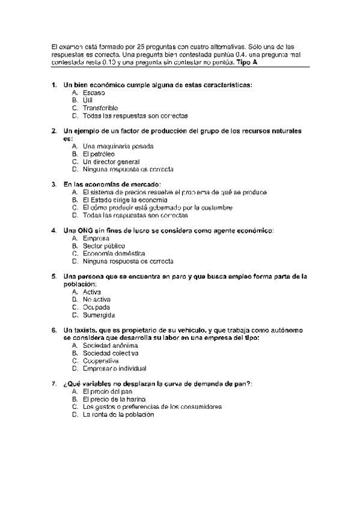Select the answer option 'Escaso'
click(94, 93)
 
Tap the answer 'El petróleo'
click(99, 154)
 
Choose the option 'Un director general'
click(111, 162)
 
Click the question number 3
click(54, 184)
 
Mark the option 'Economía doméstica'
click(114, 254)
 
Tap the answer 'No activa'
click(97, 300)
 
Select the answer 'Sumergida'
click(99, 315)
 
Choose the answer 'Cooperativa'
click(101, 361)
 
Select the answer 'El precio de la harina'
click(117, 399)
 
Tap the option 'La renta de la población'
click(118, 414)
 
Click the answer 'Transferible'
click(101, 108)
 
